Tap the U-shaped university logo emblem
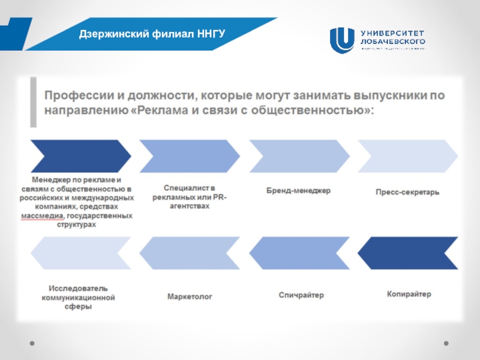pos(342,40)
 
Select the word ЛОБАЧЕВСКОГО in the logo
pos(393,41)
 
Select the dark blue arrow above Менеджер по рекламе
pos(80,156)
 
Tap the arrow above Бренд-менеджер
pos(298,156)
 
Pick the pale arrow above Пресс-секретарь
pos(407,156)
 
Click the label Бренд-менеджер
pos(298,191)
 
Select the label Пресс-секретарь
pos(407,193)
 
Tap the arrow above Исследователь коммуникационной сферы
pos(80,253)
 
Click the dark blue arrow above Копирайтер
pos(407,253)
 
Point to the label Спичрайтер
pos(301,295)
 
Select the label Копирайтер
pos(409,295)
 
